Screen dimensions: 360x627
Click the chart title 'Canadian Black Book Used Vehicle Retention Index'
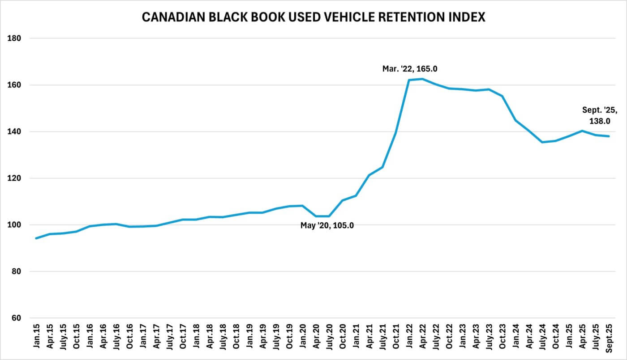(313, 17)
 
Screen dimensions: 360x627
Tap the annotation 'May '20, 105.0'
(327, 226)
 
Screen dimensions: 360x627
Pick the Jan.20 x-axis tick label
(303, 339)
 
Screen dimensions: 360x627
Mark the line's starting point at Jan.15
(36, 238)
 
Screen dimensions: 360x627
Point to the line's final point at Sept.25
(609, 136)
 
